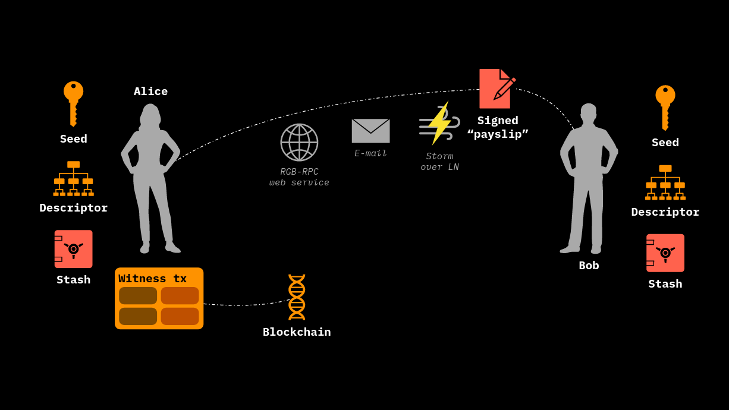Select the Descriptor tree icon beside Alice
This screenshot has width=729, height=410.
point(73,178)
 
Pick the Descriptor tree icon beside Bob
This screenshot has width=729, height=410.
point(665,182)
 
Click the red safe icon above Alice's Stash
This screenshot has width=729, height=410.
point(73,249)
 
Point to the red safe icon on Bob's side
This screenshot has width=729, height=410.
point(665,253)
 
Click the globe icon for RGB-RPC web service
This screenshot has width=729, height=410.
point(299,142)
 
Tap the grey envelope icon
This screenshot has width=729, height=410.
point(370,131)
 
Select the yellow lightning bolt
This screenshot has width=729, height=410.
point(439,123)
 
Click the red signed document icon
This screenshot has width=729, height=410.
point(495,89)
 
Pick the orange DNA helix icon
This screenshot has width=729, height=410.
point(297,297)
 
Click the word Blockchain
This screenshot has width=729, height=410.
point(297,332)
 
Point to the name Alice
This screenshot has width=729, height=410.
point(150,92)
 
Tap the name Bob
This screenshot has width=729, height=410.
point(589,266)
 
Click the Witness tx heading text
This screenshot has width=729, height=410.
point(152,279)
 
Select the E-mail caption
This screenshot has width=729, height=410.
point(370,153)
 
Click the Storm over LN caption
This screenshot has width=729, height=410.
point(439,162)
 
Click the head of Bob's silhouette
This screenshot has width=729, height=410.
point(588,113)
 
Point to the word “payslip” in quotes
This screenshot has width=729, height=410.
point(498,134)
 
